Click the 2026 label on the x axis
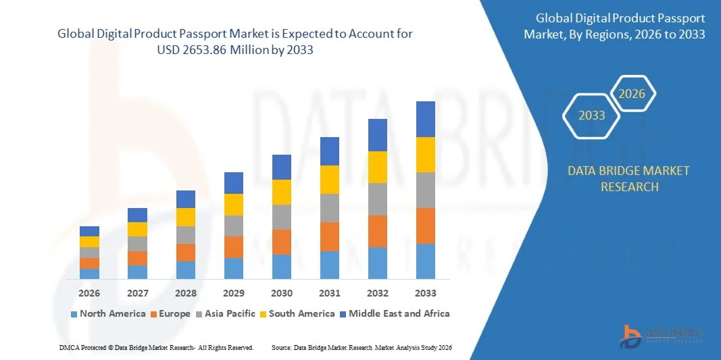(89, 293)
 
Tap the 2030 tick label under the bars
(282, 293)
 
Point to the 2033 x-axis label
(426, 293)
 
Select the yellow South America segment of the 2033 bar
(426, 155)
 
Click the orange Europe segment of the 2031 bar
(330, 236)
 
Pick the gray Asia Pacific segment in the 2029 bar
(234, 226)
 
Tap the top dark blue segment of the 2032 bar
(378, 135)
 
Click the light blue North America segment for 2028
(186, 270)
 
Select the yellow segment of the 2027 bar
(138, 229)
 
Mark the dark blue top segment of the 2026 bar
(89, 231)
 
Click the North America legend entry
(107, 313)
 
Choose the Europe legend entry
(170, 313)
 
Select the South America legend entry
(297, 313)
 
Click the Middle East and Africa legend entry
(394, 313)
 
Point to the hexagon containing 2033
(592, 115)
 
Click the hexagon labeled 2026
(632, 94)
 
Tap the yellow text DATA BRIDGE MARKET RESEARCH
(629, 178)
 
